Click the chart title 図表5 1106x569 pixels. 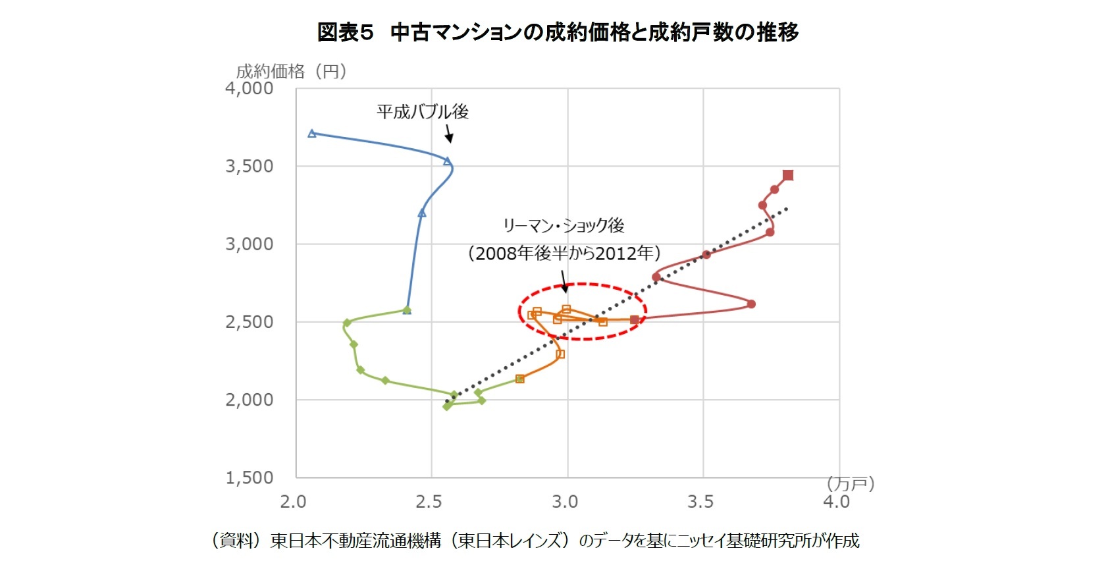[345, 32]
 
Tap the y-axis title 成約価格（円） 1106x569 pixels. [290, 71]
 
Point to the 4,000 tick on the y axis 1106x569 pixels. [249, 88]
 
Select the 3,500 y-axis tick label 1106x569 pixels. [249, 166]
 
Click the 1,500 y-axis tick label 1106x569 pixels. [249, 477]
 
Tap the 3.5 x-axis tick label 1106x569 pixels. [700, 502]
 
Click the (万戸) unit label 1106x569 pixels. [851, 484]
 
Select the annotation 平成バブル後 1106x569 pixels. [422, 111]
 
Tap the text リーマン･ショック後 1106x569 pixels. [563, 225]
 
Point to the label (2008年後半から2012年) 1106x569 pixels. [564, 253]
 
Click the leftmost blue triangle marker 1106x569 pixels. [312, 134]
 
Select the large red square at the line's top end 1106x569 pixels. [788, 175]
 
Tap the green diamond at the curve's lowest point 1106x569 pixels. [448, 406]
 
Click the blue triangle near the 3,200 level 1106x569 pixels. [422, 213]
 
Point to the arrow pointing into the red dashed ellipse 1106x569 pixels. [564, 283]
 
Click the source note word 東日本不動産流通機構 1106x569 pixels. [355, 541]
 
